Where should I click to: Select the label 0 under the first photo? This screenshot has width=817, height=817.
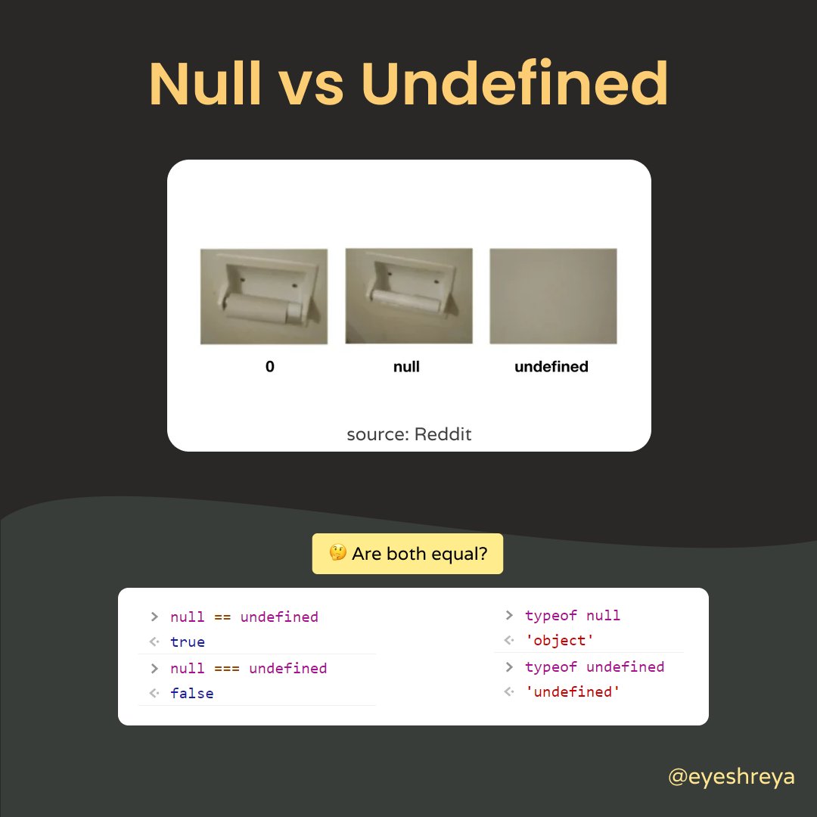pyautogui.click(x=270, y=367)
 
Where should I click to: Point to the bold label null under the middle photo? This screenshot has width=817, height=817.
pyautogui.click(x=407, y=367)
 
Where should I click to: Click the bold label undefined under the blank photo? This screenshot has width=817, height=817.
pyautogui.click(x=551, y=367)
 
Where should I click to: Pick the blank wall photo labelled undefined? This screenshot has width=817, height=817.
pyautogui.click(x=553, y=296)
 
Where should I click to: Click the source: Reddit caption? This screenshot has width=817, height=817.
pyautogui.click(x=408, y=435)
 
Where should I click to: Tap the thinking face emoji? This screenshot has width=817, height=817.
pyautogui.click(x=337, y=554)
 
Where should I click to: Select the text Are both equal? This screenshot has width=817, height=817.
pyautogui.click(x=419, y=554)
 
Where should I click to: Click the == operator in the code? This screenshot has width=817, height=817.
pyautogui.click(x=222, y=617)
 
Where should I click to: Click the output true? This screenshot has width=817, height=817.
pyautogui.click(x=188, y=642)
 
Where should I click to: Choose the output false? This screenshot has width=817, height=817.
pyautogui.click(x=192, y=694)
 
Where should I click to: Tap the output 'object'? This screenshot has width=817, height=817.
pyautogui.click(x=560, y=641)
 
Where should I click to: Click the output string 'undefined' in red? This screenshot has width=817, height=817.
pyautogui.click(x=573, y=692)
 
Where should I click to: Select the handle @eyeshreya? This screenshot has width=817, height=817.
pyautogui.click(x=732, y=777)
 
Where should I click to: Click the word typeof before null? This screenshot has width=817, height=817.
pyautogui.click(x=551, y=616)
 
